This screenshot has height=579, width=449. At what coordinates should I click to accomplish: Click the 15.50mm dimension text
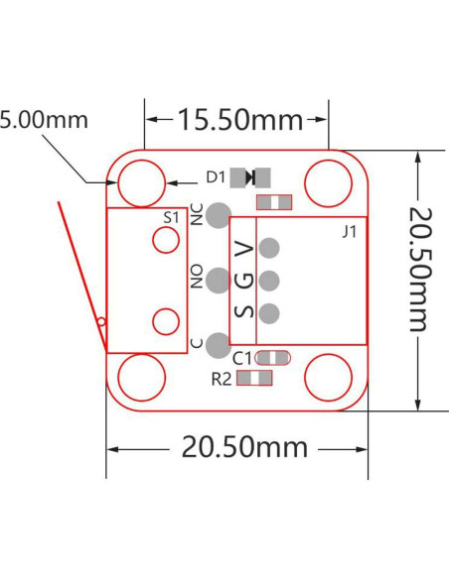click(x=238, y=120)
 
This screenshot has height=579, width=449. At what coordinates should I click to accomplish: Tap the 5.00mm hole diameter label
click(x=45, y=120)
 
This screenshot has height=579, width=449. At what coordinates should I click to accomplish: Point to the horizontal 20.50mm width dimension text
click(x=244, y=447)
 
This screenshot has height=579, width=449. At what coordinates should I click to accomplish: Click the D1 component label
click(x=216, y=177)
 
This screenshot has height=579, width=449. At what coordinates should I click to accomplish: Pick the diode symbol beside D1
click(x=250, y=177)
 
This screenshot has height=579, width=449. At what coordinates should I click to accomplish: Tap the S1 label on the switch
click(x=171, y=216)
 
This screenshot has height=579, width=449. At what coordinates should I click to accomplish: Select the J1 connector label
click(x=349, y=232)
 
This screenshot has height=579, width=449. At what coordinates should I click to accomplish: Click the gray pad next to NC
click(x=220, y=212)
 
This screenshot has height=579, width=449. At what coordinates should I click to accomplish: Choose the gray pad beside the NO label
click(x=219, y=279)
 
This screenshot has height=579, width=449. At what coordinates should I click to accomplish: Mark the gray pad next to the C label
click(x=219, y=343)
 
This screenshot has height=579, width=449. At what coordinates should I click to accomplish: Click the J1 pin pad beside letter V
click(x=269, y=248)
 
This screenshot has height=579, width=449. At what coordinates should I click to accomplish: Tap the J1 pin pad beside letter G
click(x=269, y=280)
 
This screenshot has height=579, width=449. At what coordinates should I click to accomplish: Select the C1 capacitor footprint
click(x=273, y=357)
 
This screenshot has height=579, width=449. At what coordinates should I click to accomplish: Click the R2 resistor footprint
click(x=256, y=377)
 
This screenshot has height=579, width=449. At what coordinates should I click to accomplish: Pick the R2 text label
click(x=222, y=378)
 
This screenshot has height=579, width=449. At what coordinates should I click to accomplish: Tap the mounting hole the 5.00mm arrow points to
click(x=141, y=182)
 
